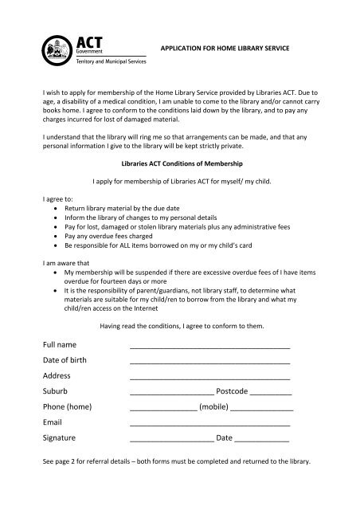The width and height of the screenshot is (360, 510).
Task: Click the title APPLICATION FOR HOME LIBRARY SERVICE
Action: click(x=224, y=49)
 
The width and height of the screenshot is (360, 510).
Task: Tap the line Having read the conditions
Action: click(x=179, y=325)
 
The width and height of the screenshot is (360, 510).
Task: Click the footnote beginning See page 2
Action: click(x=179, y=461)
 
